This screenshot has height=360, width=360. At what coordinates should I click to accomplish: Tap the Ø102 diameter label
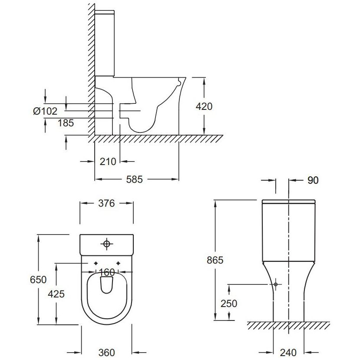coord(45,112)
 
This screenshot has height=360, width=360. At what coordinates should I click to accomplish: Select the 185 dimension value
coord(66,123)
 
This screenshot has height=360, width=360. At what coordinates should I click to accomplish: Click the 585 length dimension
coord(134,179)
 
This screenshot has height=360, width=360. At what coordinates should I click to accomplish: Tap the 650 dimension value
coord(38,280)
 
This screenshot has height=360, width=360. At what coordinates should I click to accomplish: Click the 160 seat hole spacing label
coord(106,273)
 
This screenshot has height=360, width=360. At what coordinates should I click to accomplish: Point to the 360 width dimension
coord(107,352)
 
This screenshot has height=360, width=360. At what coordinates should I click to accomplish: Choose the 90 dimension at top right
coord(313,180)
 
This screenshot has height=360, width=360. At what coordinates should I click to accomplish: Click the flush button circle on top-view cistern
coord(106,244)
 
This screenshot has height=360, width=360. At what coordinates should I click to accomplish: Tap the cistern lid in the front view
coord(288,201)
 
